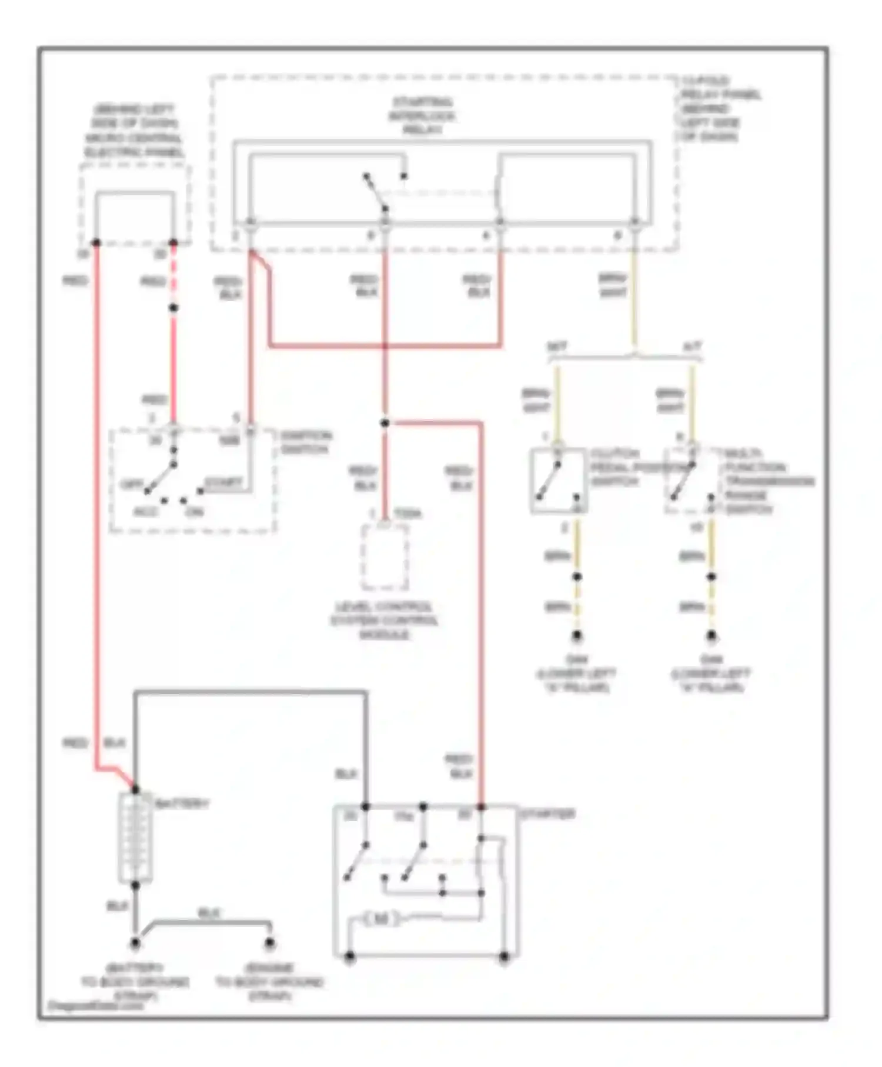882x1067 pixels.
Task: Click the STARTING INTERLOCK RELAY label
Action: (x=422, y=116)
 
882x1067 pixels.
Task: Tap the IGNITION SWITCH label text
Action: (x=305, y=442)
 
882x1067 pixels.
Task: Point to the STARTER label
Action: (x=547, y=814)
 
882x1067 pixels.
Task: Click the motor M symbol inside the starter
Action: (x=381, y=918)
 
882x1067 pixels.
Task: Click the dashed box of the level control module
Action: (x=385, y=556)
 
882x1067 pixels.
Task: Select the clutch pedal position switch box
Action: (x=558, y=481)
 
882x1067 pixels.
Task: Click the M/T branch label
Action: (x=557, y=346)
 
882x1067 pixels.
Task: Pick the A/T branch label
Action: (x=693, y=346)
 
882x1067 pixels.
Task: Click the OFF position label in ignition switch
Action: (x=131, y=484)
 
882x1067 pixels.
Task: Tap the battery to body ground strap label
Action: (x=135, y=982)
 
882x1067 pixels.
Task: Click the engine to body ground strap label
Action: (x=269, y=982)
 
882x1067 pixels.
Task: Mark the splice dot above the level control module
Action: (x=385, y=423)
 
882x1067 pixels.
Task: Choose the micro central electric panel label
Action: (x=135, y=131)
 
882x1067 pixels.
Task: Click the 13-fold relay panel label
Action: (x=720, y=109)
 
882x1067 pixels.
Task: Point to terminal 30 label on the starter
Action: (x=350, y=815)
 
